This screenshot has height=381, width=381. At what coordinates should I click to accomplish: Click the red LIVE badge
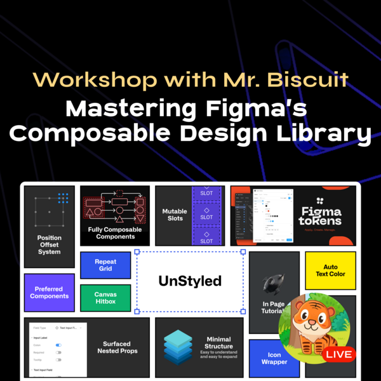click(x=338, y=354)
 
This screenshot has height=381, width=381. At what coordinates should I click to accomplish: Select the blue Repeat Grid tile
click(x=105, y=265)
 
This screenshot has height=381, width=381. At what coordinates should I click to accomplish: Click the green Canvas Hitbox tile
click(x=105, y=298)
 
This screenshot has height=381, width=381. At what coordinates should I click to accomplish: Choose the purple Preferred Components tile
click(x=49, y=293)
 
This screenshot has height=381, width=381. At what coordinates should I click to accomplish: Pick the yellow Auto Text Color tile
click(x=330, y=271)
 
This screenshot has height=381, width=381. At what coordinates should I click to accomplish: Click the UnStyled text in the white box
click(x=190, y=281)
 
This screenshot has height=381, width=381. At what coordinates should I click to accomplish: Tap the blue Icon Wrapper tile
click(x=274, y=358)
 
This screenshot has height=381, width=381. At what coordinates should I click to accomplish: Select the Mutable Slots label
click(x=175, y=215)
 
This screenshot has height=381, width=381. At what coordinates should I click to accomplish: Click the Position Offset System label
click(x=49, y=245)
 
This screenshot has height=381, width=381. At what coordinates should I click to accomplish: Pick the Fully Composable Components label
click(x=115, y=233)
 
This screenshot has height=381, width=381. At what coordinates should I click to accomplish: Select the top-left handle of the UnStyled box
click(x=137, y=252)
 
